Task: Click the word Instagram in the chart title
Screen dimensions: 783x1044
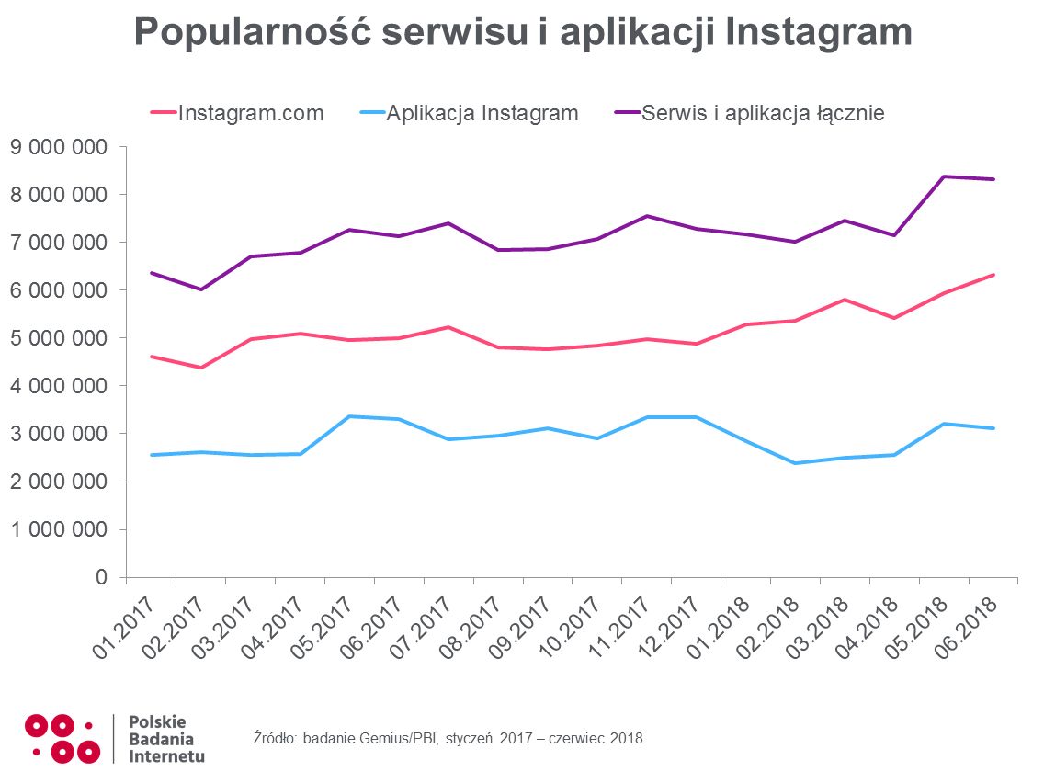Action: tap(819, 33)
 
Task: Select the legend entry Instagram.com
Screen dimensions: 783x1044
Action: tap(250, 114)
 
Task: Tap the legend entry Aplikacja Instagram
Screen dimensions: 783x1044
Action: tap(482, 114)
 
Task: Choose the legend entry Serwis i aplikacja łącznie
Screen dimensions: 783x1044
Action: tap(763, 114)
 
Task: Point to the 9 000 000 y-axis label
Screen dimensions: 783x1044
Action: tap(58, 147)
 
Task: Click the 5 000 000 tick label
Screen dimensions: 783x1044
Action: tap(58, 338)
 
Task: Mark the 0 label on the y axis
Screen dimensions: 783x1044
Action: tap(101, 577)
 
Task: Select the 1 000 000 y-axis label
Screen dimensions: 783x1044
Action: tap(58, 529)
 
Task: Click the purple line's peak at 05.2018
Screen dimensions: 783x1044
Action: tap(943, 176)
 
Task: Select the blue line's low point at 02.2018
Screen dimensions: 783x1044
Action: tap(794, 463)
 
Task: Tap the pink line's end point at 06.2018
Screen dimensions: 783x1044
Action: tap(993, 275)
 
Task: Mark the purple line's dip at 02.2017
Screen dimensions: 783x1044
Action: tap(200, 289)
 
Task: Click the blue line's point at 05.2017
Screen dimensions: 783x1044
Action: tap(349, 416)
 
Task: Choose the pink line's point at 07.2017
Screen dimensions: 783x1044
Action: tap(448, 327)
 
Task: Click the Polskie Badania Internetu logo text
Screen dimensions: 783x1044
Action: tap(166, 739)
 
